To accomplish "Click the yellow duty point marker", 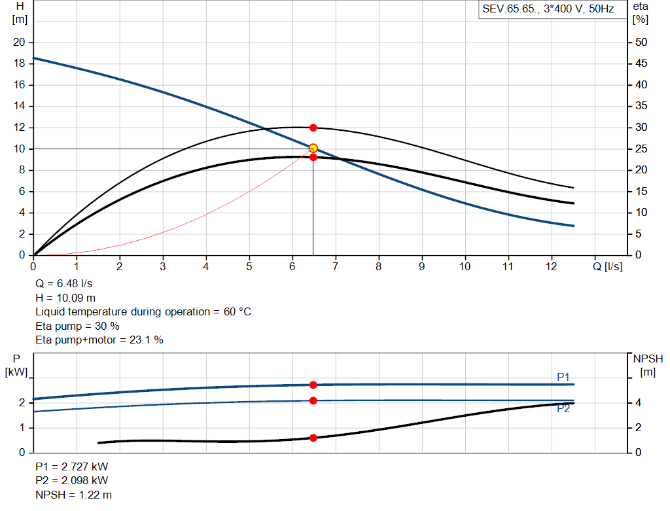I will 313,148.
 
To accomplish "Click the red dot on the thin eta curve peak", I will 313,128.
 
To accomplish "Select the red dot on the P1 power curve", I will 313,385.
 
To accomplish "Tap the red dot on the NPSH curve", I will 313,438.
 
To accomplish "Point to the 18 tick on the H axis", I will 19,63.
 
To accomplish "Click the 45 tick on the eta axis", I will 641,63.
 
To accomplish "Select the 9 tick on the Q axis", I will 422,266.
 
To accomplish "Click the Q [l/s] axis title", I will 608,266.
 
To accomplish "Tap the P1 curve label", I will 563,377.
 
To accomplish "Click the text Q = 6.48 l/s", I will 64,285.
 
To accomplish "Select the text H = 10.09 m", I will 65,298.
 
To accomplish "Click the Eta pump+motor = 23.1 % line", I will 99,340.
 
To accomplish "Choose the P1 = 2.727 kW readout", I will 72,467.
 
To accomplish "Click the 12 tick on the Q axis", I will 551,266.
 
